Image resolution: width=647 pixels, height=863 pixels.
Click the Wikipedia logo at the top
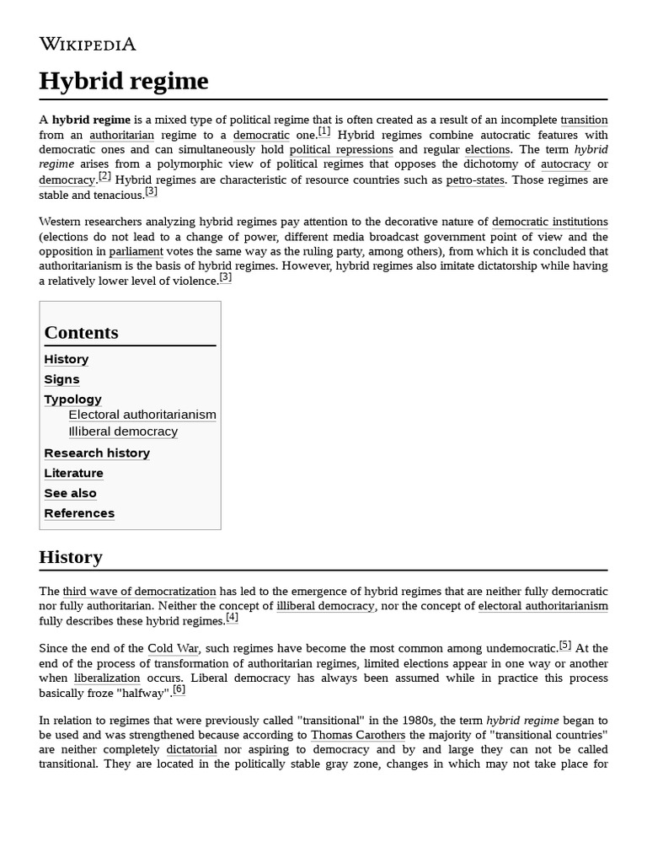87,45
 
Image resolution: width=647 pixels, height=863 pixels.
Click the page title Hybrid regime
123,81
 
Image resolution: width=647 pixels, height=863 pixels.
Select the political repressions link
341,150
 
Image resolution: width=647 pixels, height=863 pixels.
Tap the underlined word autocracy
565,164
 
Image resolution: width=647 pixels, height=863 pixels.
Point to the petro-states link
475,180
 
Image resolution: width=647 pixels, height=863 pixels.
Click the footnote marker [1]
324,131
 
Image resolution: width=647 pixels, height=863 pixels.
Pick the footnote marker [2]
104,176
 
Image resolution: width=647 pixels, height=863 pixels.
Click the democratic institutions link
549,222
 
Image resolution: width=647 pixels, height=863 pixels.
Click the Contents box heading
81,332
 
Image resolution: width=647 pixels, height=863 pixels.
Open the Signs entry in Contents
61,379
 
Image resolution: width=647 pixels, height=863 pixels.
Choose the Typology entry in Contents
72,399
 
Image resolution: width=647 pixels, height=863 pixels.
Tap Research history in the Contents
97,453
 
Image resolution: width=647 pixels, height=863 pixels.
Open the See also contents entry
70,493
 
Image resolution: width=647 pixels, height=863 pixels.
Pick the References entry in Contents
79,513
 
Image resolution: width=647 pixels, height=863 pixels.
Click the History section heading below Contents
71,557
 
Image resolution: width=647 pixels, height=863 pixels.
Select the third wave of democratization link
139,592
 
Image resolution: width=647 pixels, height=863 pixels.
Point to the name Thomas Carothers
358,735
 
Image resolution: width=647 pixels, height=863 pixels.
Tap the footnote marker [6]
179,689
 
